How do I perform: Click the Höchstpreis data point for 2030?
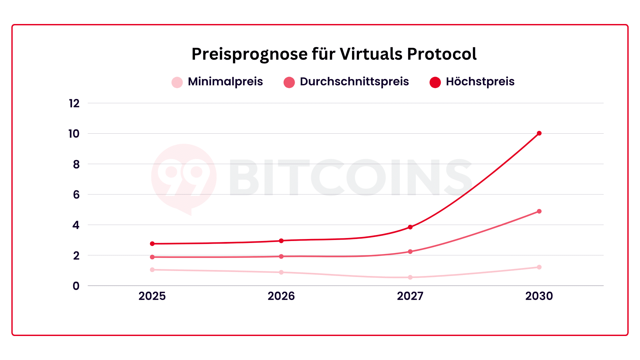tap(539, 133)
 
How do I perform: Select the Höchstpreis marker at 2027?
tap(410, 227)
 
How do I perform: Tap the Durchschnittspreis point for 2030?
tap(539, 211)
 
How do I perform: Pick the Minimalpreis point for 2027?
tap(410, 277)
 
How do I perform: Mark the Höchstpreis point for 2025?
tap(152, 244)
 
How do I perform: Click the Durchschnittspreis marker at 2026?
tap(281, 256)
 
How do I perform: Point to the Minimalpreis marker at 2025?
tap(152, 270)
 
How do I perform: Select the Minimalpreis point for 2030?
tap(539, 267)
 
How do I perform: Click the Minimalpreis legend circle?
tap(177, 82)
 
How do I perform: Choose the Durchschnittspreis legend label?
tap(354, 82)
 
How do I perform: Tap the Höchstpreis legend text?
tap(480, 82)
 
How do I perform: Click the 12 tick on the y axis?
tap(74, 104)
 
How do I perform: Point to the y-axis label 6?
tap(76, 195)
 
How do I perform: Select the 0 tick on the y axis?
tap(76, 286)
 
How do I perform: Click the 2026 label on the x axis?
tap(281, 296)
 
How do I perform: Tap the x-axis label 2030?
tap(539, 296)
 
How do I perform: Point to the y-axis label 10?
tap(74, 134)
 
